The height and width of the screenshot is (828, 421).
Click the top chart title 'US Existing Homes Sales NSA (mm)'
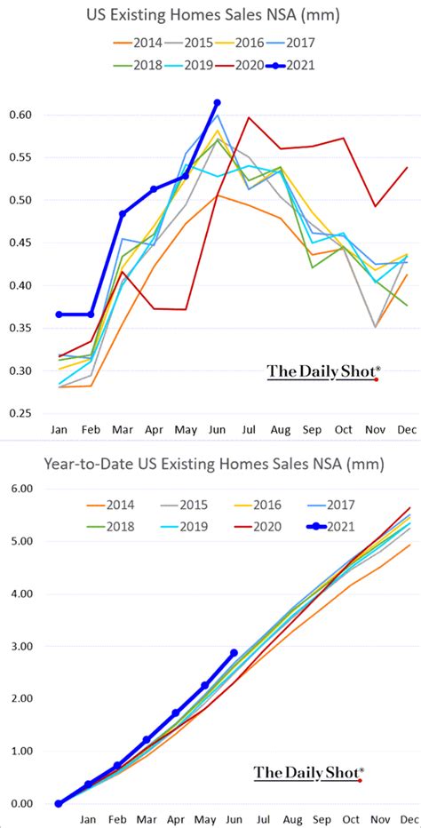coord(210,15)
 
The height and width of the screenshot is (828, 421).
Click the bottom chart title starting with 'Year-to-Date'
coord(210,463)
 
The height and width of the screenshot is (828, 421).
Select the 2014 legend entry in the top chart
coord(140,41)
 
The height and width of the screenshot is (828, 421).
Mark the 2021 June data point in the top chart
coord(218,103)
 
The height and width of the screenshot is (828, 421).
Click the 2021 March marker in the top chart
coord(123,214)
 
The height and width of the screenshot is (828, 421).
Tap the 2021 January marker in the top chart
coord(60,314)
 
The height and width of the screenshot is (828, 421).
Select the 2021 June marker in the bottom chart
coord(234,653)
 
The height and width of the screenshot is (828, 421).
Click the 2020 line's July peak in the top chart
coord(248,117)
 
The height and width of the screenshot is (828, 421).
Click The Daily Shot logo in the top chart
coord(323,371)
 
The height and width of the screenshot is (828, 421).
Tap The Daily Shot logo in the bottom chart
coord(307,773)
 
